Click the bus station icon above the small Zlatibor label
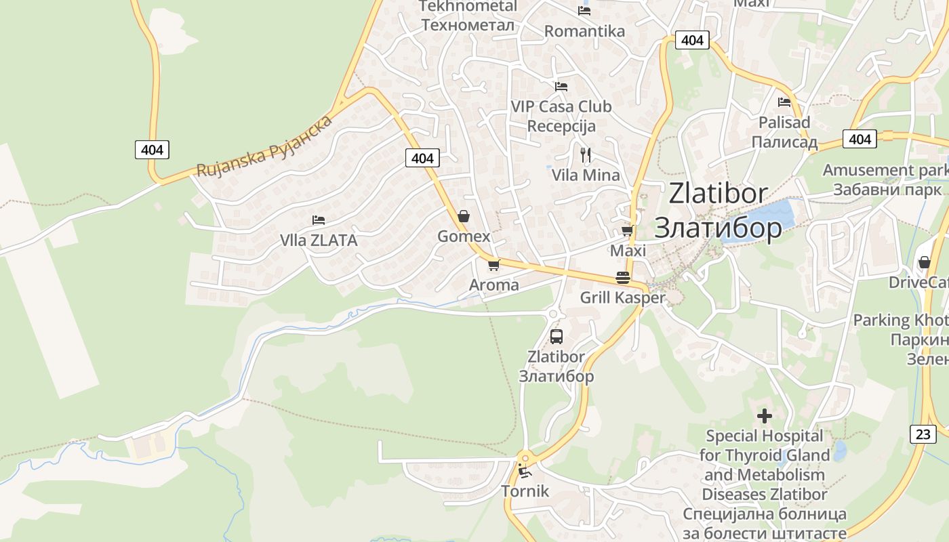click(x=556, y=336)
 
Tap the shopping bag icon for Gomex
click(x=464, y=216)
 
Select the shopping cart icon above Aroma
click(x=493, y=265)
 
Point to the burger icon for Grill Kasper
click(x=622, y=278)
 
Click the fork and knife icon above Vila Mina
click(x=586, y=155)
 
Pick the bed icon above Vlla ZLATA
click(x=319, y=220)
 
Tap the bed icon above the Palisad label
click(x=784, y=102)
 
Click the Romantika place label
click(x=584, y=31)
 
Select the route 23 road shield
click(x=923, y=434)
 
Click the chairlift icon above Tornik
click(x=524, y=470)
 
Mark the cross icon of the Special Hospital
click(x=765, y=415)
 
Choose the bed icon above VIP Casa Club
click(x=561, y=87)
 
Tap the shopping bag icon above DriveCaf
click(x=924, y=262)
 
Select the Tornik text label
click(x=525, y=491)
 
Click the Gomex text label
click(x=464, y=236)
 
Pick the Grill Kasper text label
click(x=622, y=297)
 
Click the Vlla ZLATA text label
click(x=319, y=241)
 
